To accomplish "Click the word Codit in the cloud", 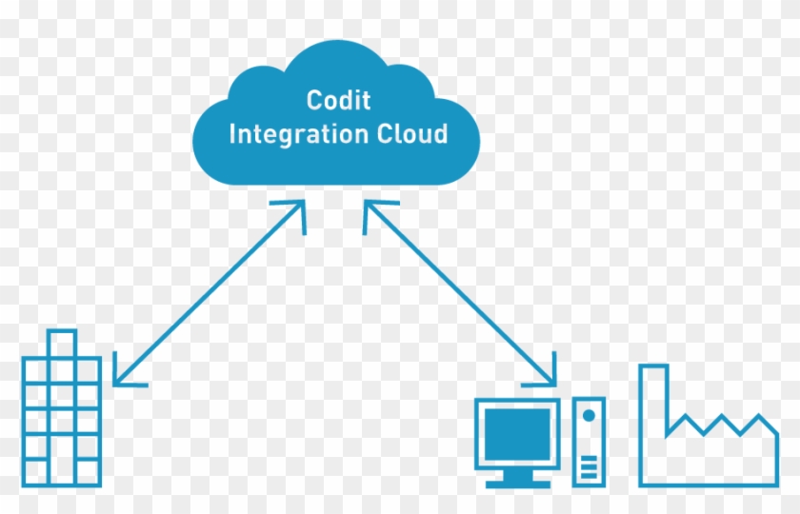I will (x=337, y=99).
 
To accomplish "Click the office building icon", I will (x=62, y=409).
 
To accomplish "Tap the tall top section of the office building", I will (x=62, y=343).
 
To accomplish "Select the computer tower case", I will (x=589, y=442).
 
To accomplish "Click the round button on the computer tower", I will (x=589, y=416).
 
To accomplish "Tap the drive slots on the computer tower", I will (x=589, y=465).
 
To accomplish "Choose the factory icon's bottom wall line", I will (x=710, y=482).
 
